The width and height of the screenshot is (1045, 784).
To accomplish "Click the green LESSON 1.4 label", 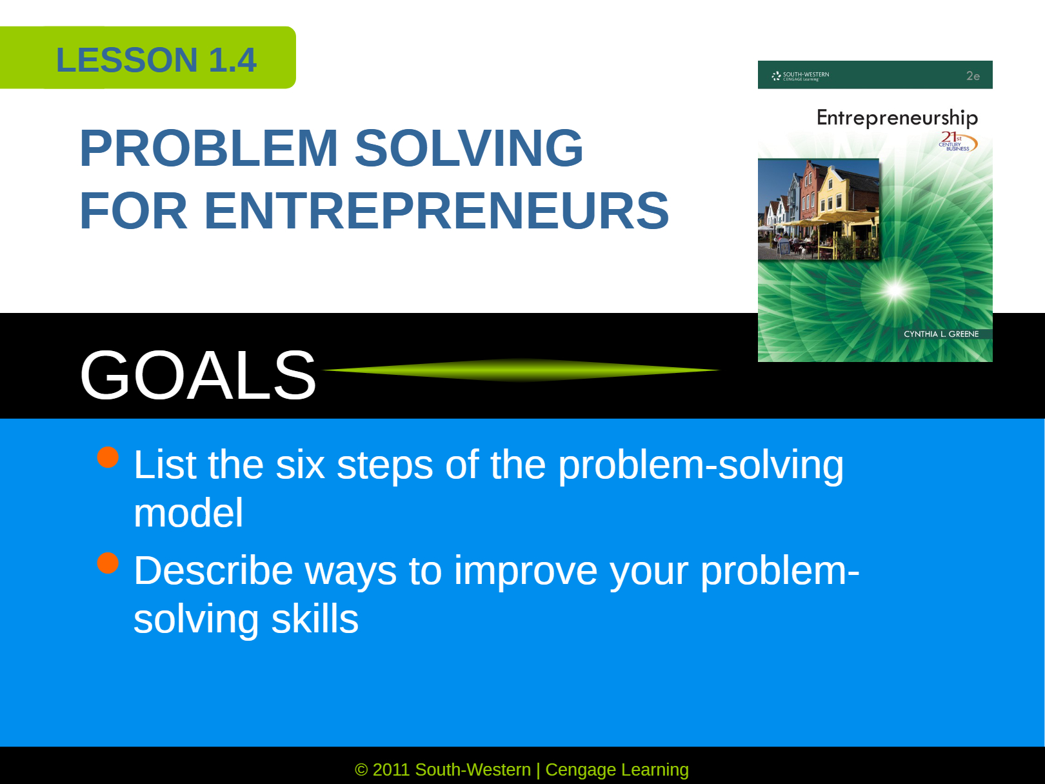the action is [148, 57].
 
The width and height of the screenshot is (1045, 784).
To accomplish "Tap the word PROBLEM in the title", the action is [209, 148].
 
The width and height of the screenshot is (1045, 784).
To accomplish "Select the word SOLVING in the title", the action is [469, 148].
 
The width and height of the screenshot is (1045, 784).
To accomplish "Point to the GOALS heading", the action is [198, 375].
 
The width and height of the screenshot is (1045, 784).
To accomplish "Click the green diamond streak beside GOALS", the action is [521, 370].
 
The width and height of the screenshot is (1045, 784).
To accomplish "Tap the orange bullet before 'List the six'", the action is [108, 457].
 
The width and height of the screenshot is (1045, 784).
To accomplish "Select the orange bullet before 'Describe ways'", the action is [108, 563].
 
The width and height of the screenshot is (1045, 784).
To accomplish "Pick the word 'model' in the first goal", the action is [188, 513].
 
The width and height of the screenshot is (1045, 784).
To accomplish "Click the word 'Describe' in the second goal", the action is [214, 570].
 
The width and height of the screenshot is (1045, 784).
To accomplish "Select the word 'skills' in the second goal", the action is [315, 619].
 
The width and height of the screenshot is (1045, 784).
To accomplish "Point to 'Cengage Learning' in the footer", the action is [617, 770].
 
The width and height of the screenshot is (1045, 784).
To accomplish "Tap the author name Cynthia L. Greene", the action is [941, 334].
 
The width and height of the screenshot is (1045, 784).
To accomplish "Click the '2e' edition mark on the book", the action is [973, 75].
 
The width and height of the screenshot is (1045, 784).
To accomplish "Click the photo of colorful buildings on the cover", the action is [819, 210].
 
